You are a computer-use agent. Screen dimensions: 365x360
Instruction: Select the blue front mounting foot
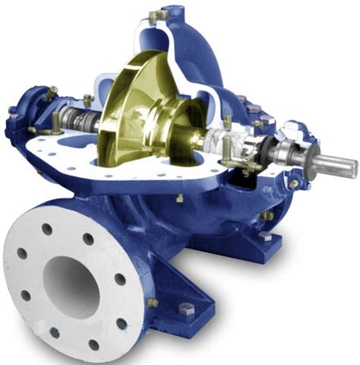pos(182,319)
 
